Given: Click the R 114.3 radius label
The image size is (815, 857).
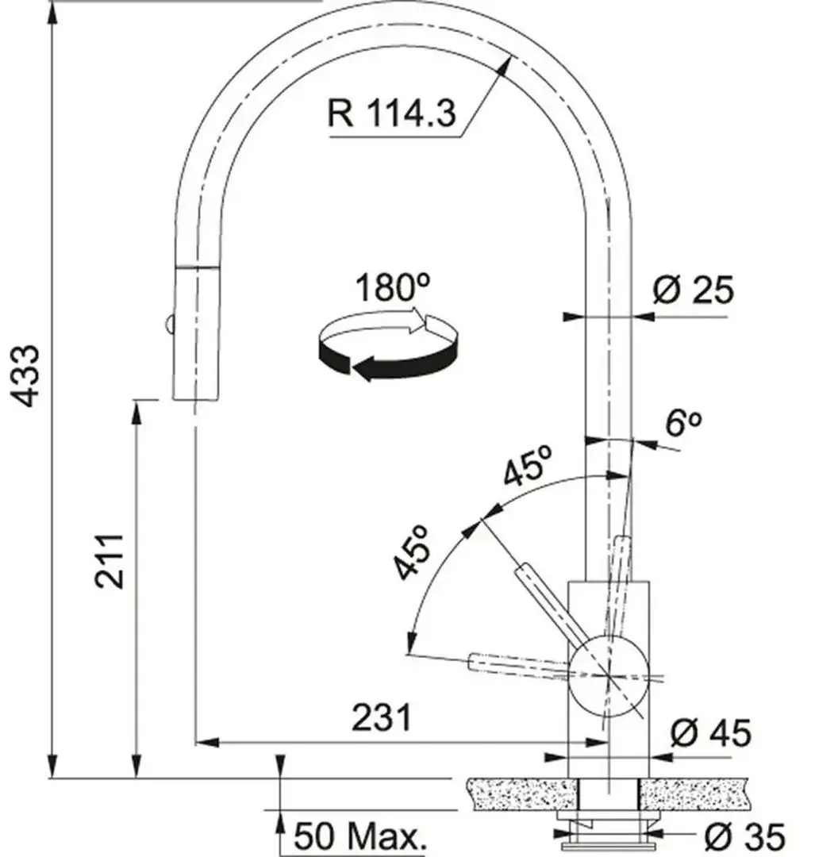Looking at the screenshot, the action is coord(391,113).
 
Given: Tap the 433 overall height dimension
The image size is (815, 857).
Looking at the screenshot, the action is coord(25,375).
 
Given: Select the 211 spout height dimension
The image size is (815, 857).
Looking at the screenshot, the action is coord(109,561).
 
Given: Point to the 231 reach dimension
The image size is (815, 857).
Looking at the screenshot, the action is coord(381,717).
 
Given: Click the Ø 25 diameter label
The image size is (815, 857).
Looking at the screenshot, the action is coord(693,289).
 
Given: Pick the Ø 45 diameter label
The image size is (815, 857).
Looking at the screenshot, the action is coord(710,732).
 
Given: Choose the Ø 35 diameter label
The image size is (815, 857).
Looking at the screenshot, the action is coord(744,836).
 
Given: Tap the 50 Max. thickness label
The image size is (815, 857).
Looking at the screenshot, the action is coord(359,835).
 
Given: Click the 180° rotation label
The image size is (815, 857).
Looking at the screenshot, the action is coord(393,287).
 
